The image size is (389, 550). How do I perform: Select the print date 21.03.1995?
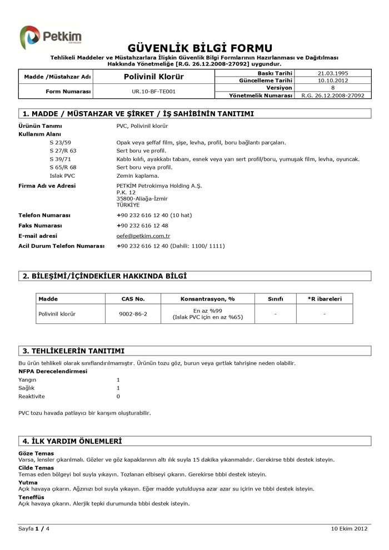tap(332, 73)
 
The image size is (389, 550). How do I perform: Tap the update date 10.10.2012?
tap(332, 81)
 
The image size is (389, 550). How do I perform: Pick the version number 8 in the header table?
tap(332, 88)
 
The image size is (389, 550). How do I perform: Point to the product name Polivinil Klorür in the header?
tap(153, 77)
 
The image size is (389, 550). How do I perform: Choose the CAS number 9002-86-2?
tap(133, 314)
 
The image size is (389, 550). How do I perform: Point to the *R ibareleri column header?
tap(325, 299)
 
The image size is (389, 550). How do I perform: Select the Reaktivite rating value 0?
tap(118, 397)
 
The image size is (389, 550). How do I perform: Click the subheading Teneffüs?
tap(31, 497)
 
